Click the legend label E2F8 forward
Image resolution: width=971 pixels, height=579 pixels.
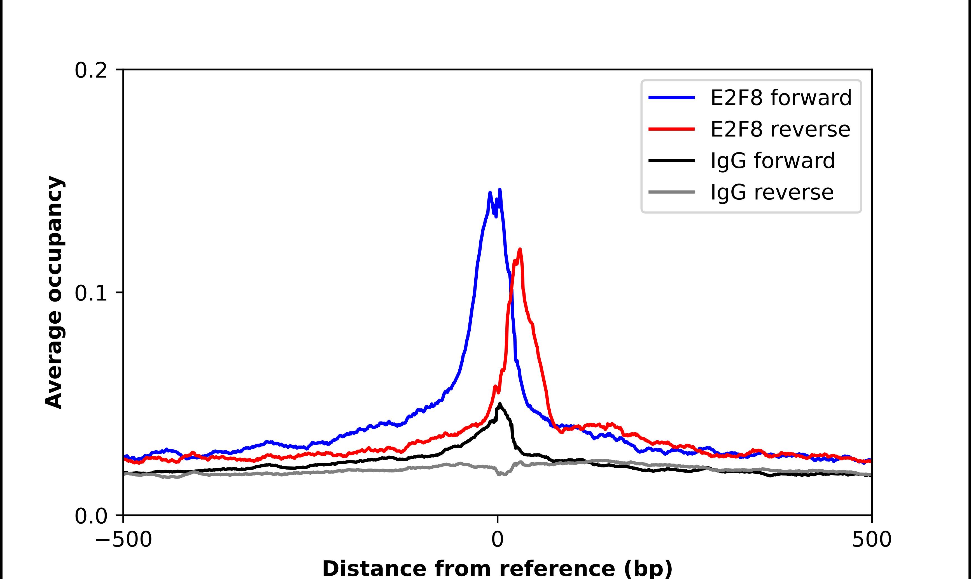pos(781,98)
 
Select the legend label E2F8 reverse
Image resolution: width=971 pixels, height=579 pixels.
pos(780,129)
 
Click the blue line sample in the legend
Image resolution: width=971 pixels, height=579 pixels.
pos(671,98)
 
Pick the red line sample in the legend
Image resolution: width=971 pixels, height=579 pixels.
pos(671,129)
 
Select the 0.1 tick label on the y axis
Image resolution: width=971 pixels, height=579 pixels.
pos(91,293)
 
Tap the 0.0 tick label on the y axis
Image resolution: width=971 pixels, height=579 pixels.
pos(91,516)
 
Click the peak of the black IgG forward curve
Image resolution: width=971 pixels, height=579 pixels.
pos(499,404)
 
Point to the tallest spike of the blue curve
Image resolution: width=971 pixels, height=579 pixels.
pos(500,190)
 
